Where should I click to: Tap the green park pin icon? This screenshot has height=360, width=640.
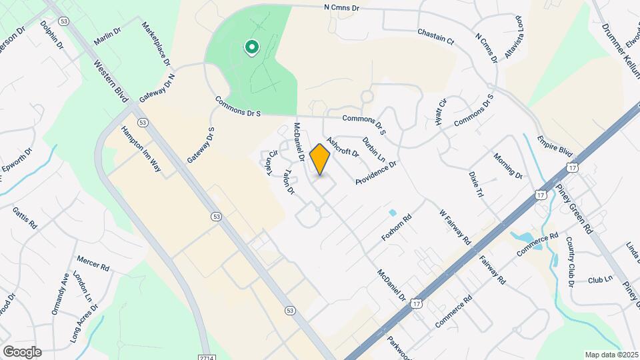pyautogui.click(x=251, y=47)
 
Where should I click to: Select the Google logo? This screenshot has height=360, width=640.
pyautogui.click(x=21, y=351)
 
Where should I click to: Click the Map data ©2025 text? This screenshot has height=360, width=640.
pyautogui.click(x=610, y=354)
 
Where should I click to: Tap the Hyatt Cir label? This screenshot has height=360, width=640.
pyautogui.click(x=441, y=111)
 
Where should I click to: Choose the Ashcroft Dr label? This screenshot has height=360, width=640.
pyautogui.click(x=343, y=143)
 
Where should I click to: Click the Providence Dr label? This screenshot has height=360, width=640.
pyautogui.click(x=376, y=172)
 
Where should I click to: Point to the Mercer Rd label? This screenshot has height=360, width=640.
pyautogui.click(x=93, y=263)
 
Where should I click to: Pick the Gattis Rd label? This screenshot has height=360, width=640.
pyautogui.click(x=25, y=219)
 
